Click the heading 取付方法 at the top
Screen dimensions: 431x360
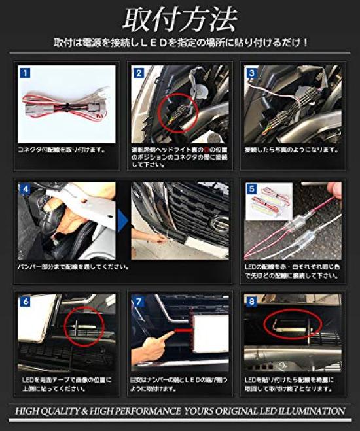[x=179, y=20]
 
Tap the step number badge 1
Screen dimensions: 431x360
[x=24, y=73]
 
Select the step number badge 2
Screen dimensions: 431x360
[x=139, y=73]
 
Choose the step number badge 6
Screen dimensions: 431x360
[x=25, y=303]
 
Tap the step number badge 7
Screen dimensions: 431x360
[x=139, y=303]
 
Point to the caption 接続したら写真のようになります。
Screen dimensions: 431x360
[x=291, y=150]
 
